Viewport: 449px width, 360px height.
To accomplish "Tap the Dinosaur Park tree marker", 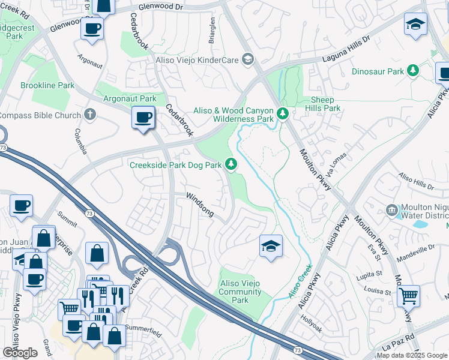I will (x=412, y=71).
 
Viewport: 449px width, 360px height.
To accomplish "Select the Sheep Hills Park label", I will (x=325, y=104).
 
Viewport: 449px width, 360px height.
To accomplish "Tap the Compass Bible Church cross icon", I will (x=90, y=114).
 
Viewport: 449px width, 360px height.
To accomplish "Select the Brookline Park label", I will (x=47, y=85).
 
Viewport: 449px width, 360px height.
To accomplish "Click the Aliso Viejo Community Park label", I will (x=240, y=292).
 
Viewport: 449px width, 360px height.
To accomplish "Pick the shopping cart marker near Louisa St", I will (x=408, y=295).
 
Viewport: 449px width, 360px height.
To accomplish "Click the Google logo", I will (x=20, y=353).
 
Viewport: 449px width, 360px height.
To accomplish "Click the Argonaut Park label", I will (x=130, y=98).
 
